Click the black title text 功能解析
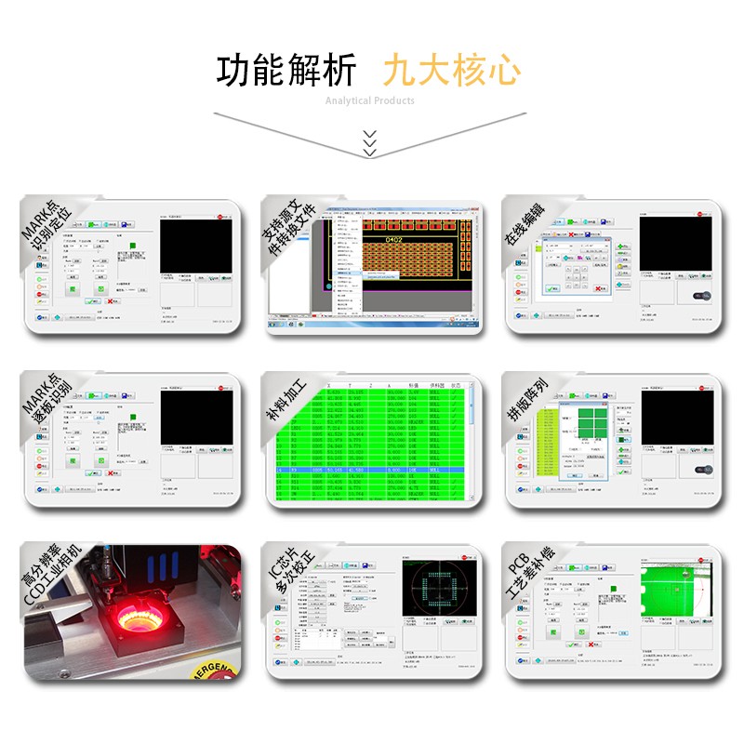(x=286, y=71)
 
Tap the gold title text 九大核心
(x=452, y=71)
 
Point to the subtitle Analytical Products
(x=370, y=100)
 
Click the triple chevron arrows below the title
(x=370, y=142)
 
